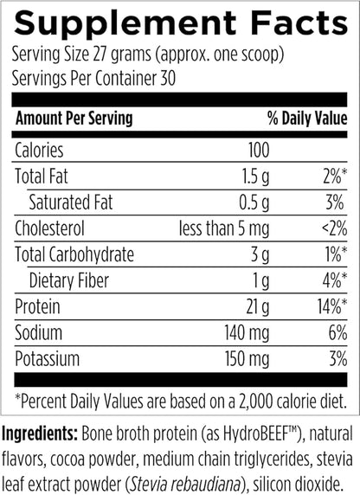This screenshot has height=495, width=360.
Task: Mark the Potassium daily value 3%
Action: pos(337,358)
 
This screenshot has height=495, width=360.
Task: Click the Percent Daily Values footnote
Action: pos(179,402)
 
